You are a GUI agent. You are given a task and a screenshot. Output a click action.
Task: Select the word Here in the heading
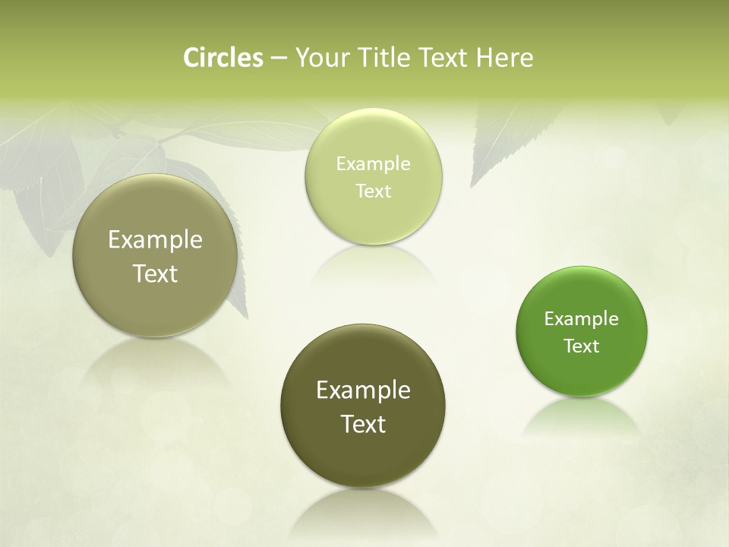504,58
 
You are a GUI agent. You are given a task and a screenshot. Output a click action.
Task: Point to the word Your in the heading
320,58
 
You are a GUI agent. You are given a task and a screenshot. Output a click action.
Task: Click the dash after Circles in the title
279,58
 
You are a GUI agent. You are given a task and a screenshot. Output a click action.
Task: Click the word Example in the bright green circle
582,319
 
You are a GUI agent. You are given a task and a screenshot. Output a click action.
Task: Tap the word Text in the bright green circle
582,346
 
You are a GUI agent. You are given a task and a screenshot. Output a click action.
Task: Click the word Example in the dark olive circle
363,390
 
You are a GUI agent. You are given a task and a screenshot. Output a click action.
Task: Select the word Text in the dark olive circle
363,424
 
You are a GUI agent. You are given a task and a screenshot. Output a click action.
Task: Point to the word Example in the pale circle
373,164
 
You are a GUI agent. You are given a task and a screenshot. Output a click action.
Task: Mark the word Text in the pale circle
373,191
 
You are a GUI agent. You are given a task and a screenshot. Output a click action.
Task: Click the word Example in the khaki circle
155,240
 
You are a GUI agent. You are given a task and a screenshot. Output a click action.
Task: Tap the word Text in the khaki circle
155,274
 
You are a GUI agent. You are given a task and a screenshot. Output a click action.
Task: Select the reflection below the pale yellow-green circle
373,266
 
